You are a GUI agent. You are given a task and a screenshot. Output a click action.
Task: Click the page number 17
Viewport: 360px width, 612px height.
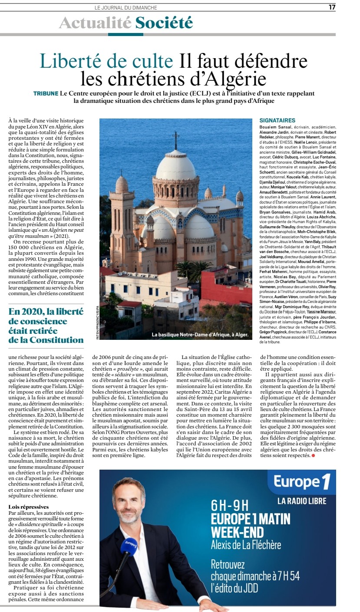(x=332, y=7)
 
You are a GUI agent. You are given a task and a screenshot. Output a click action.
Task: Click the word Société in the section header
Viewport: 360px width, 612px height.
(x=164, y=22)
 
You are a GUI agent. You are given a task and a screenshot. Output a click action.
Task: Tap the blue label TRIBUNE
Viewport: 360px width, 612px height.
(x=46, y=94)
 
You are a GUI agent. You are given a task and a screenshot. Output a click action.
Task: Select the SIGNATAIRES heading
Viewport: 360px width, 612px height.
(x=277, y=120)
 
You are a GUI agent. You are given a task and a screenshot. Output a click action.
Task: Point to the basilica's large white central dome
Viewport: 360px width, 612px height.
(x=176, y=165)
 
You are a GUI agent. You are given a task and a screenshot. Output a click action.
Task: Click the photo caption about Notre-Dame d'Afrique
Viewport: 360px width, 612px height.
(x=200, y=335)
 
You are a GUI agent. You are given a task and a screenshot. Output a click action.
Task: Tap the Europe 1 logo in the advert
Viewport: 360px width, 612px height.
(x=302, y=482)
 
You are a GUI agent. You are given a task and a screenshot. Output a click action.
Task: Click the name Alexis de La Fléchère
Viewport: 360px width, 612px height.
(x=246, y=545)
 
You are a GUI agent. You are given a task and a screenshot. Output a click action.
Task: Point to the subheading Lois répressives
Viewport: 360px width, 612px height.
(x=29, y=507)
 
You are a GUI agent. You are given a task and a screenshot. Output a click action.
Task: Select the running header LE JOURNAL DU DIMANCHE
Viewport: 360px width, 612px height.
(x=126, y=7)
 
